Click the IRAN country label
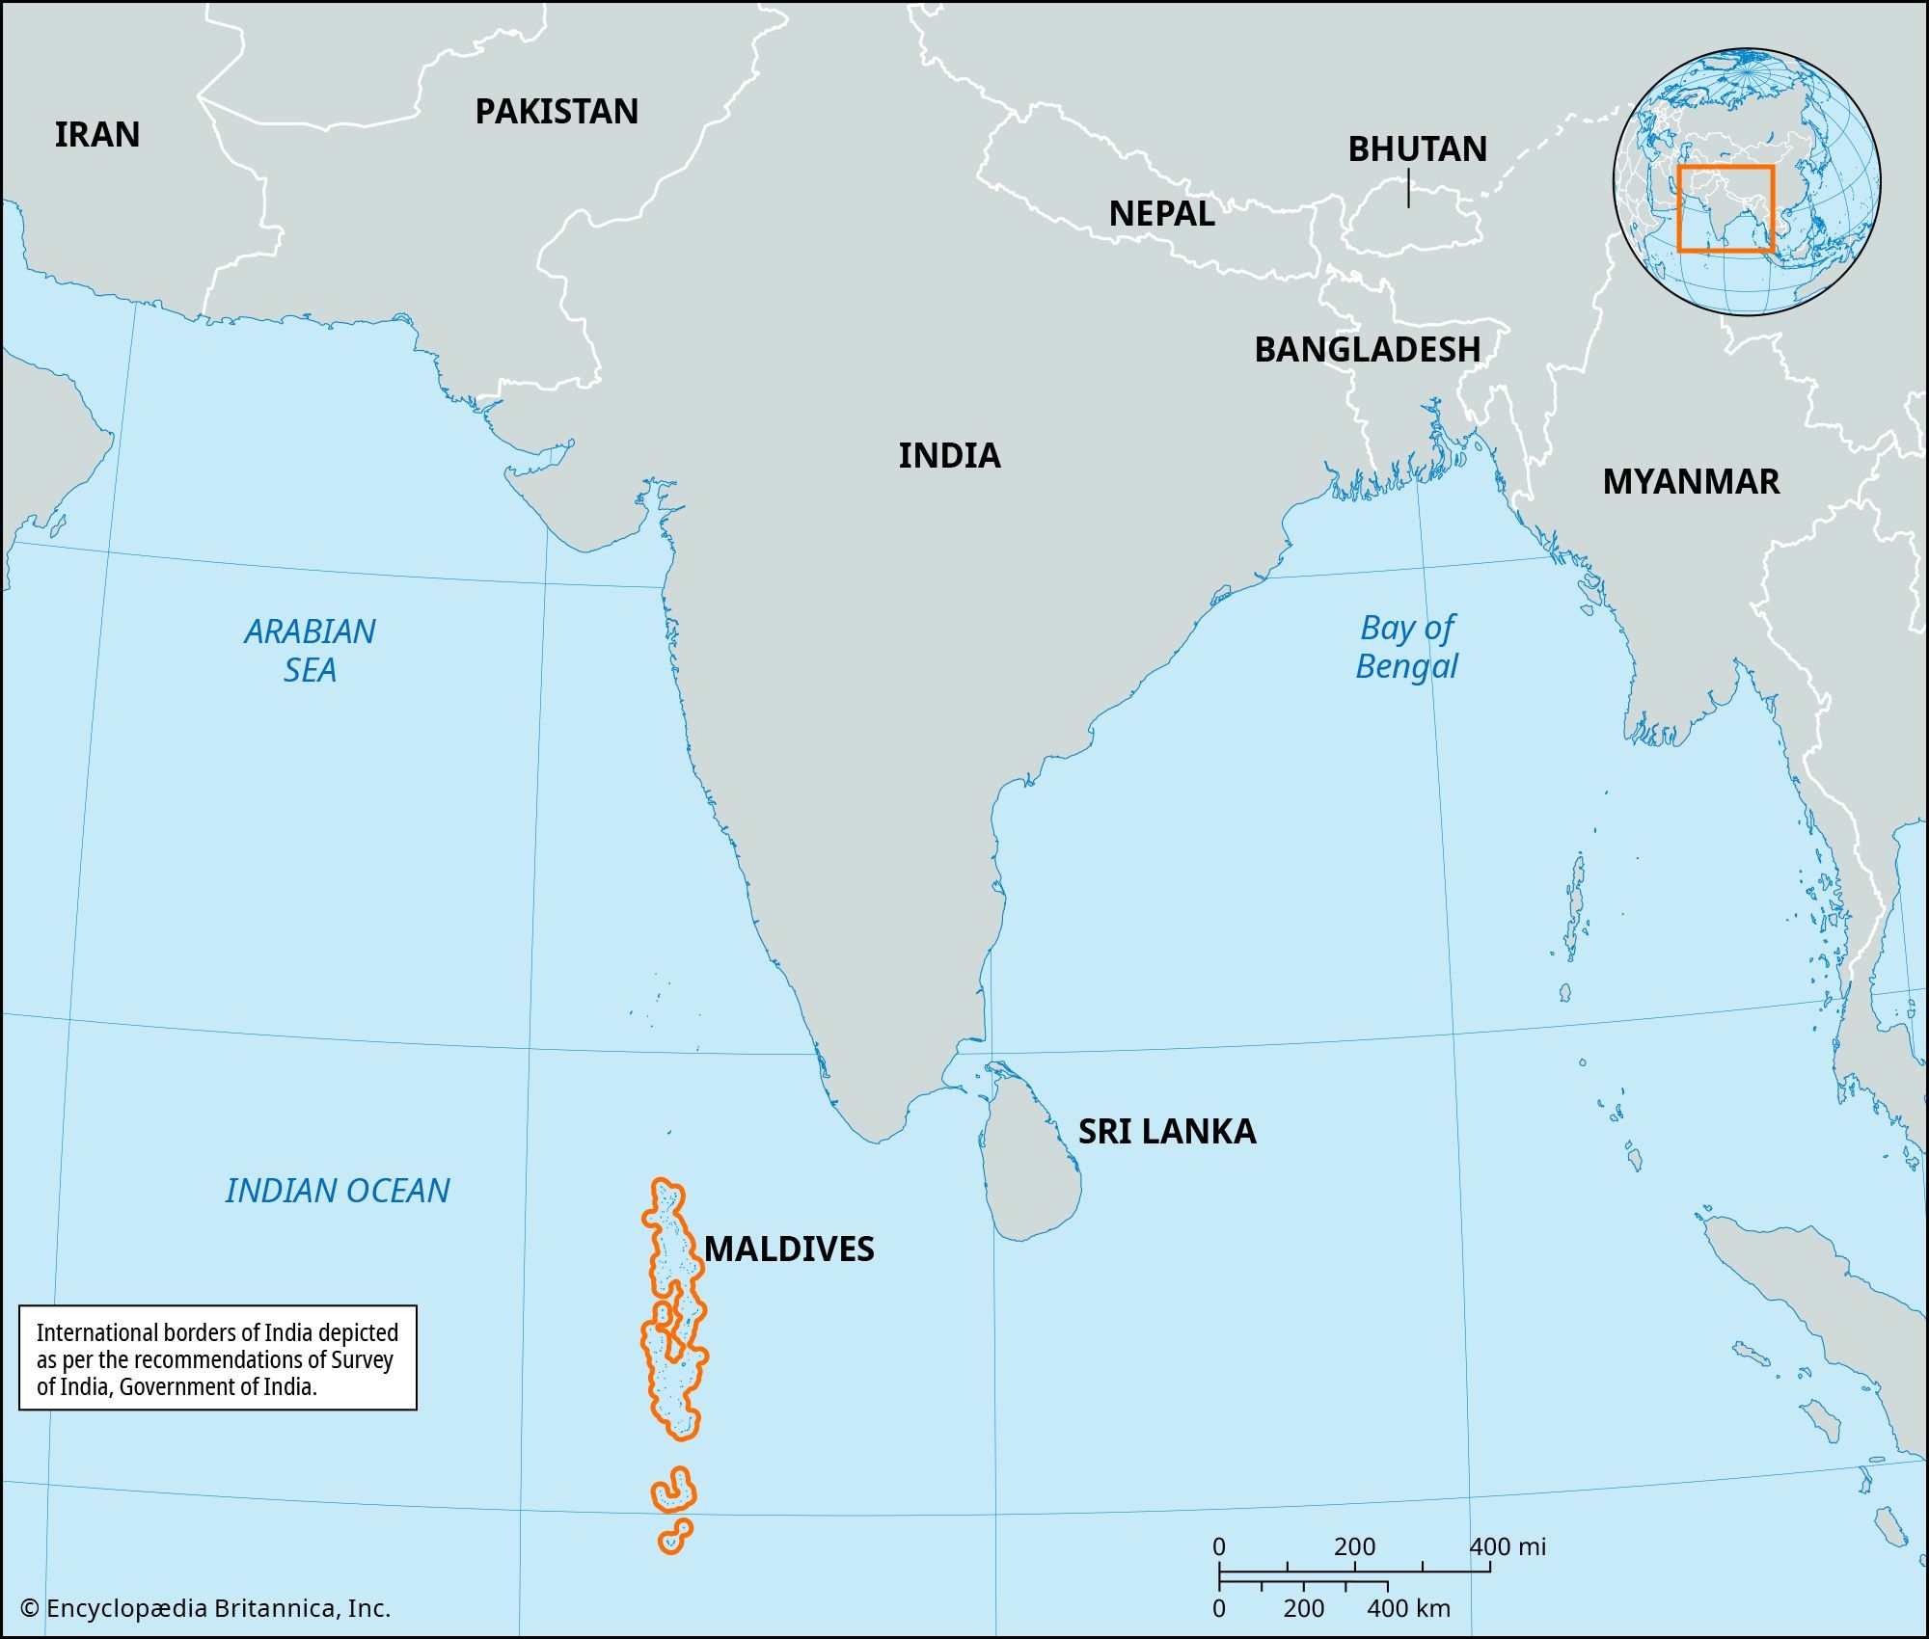click(96, 135)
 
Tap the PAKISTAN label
click(557, 112)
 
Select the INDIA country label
click(949, 456)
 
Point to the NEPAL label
click(1161, 214)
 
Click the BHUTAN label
click(1417, 149)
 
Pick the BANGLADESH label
click(1367, 350)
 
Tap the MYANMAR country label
click(1691, 482)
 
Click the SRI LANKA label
click(1166, 1132)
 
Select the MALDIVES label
click(789, 1249)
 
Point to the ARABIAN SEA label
click(310, 651)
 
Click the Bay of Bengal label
click(1406, 647)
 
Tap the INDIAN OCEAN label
click(338, 1192)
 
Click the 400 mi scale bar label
click(1507, 1547)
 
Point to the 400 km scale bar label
click(1408, 1608)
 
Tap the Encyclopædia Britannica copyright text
click(205, 1608)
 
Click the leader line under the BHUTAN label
click(1408, 189)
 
